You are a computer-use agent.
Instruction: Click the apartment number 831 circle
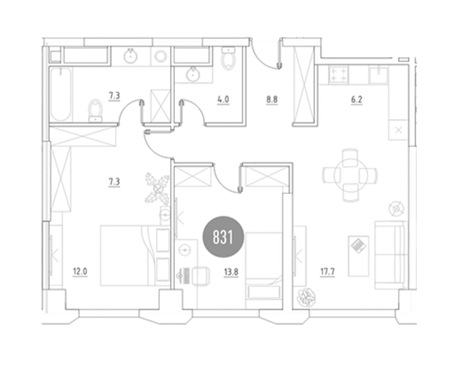coord(223,237)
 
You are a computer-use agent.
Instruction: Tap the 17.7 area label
coord(327,272)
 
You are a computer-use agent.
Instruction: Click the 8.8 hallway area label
coord(272,100)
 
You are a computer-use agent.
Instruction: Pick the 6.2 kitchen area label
coord(357,100)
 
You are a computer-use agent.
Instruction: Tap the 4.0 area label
coord(223,100)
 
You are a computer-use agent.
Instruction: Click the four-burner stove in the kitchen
coord(339,75)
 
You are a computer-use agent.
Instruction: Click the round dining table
coord(350,175)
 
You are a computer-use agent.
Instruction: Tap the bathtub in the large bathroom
coord(61,94)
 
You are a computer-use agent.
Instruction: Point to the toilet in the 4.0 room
coord(228,59)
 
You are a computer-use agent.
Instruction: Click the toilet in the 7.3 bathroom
coord(95,111)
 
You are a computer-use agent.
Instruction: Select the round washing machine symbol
coord(161,56)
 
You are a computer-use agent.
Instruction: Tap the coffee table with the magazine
coord(358,256)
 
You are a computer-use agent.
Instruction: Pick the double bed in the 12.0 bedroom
coord(135,256)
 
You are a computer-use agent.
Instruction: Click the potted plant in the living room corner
coord(306,298)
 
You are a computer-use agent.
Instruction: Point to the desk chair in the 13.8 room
coord(201,276)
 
